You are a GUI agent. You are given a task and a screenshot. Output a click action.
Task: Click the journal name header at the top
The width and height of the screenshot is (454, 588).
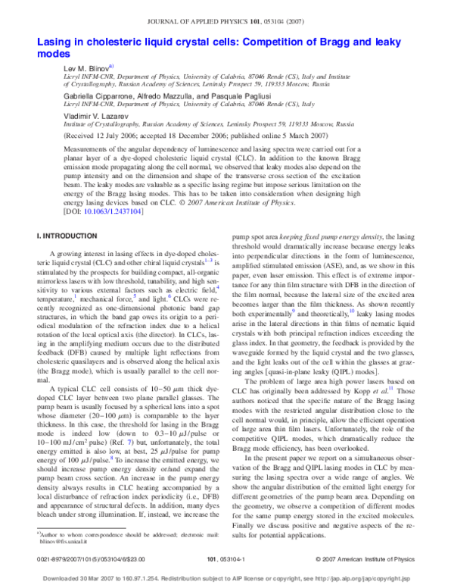click(x=227, y=11)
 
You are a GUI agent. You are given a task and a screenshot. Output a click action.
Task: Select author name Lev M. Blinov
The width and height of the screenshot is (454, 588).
click(x=90, y=68)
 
